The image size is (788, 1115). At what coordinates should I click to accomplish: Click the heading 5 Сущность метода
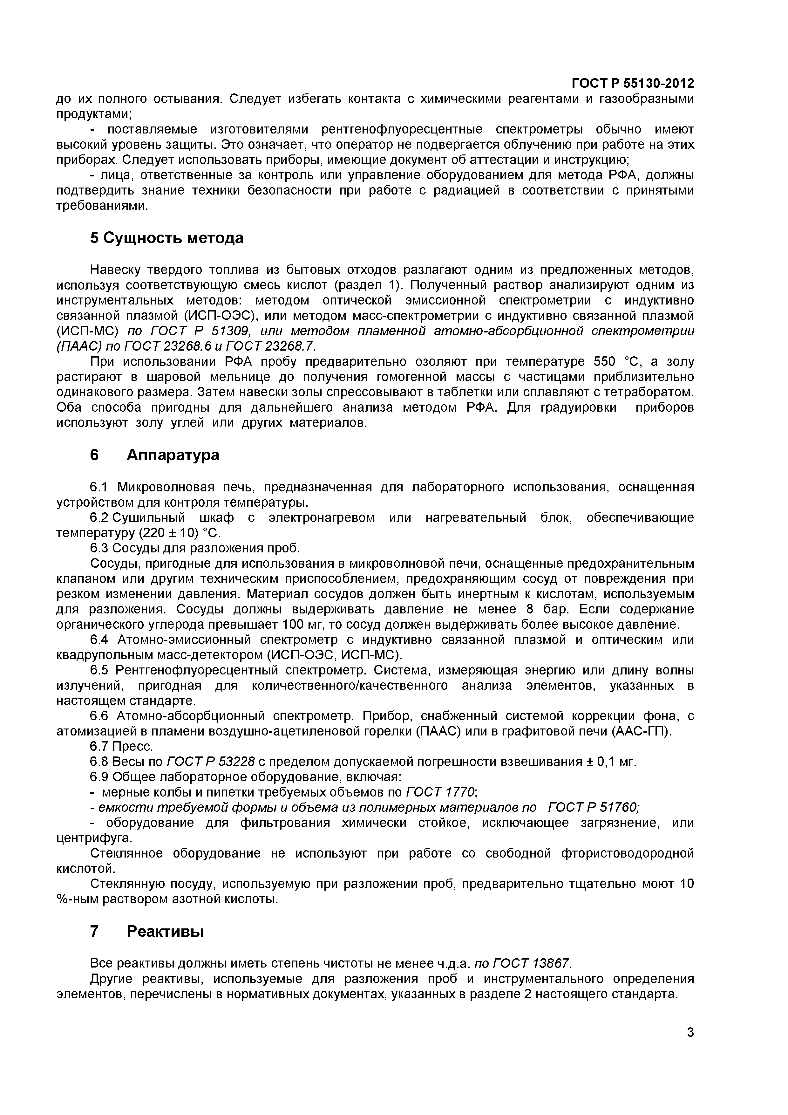166,238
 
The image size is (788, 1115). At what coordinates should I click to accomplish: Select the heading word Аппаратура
173,455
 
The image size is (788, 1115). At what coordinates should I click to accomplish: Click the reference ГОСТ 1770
440,792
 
